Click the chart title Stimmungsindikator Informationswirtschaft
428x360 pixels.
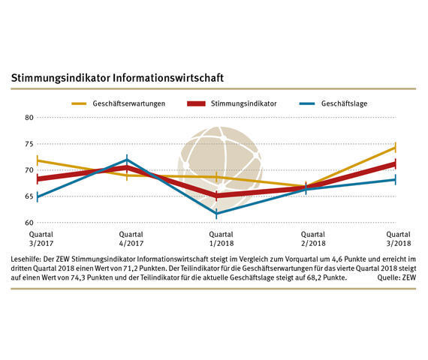(116, 77)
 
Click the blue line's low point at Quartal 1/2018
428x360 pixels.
(217, 214)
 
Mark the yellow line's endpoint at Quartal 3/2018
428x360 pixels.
(396, 147)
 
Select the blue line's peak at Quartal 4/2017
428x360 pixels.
(127, 160)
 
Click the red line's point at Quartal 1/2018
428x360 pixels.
(217, 196)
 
